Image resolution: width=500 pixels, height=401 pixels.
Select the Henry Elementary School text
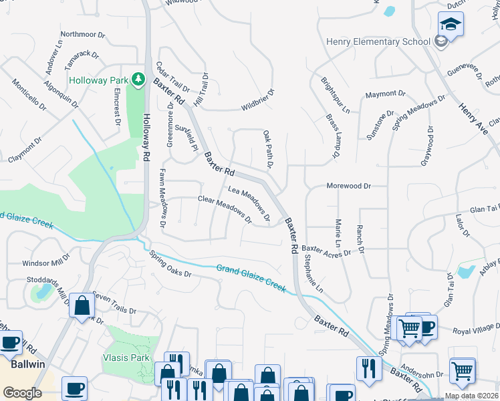click(378, 41)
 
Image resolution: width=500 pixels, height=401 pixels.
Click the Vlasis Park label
click(126, 358)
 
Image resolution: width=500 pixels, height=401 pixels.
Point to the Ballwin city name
click(27, 364)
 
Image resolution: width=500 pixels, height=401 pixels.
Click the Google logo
click(22, 392)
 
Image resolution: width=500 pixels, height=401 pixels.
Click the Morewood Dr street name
click(348, 186)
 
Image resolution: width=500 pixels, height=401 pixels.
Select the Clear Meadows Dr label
click(224, 210)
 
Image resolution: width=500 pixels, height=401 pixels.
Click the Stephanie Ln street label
click(314, 273)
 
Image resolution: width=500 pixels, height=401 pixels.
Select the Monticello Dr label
click(29, 95)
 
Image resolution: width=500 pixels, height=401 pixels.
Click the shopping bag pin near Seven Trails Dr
click(82, 307)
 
